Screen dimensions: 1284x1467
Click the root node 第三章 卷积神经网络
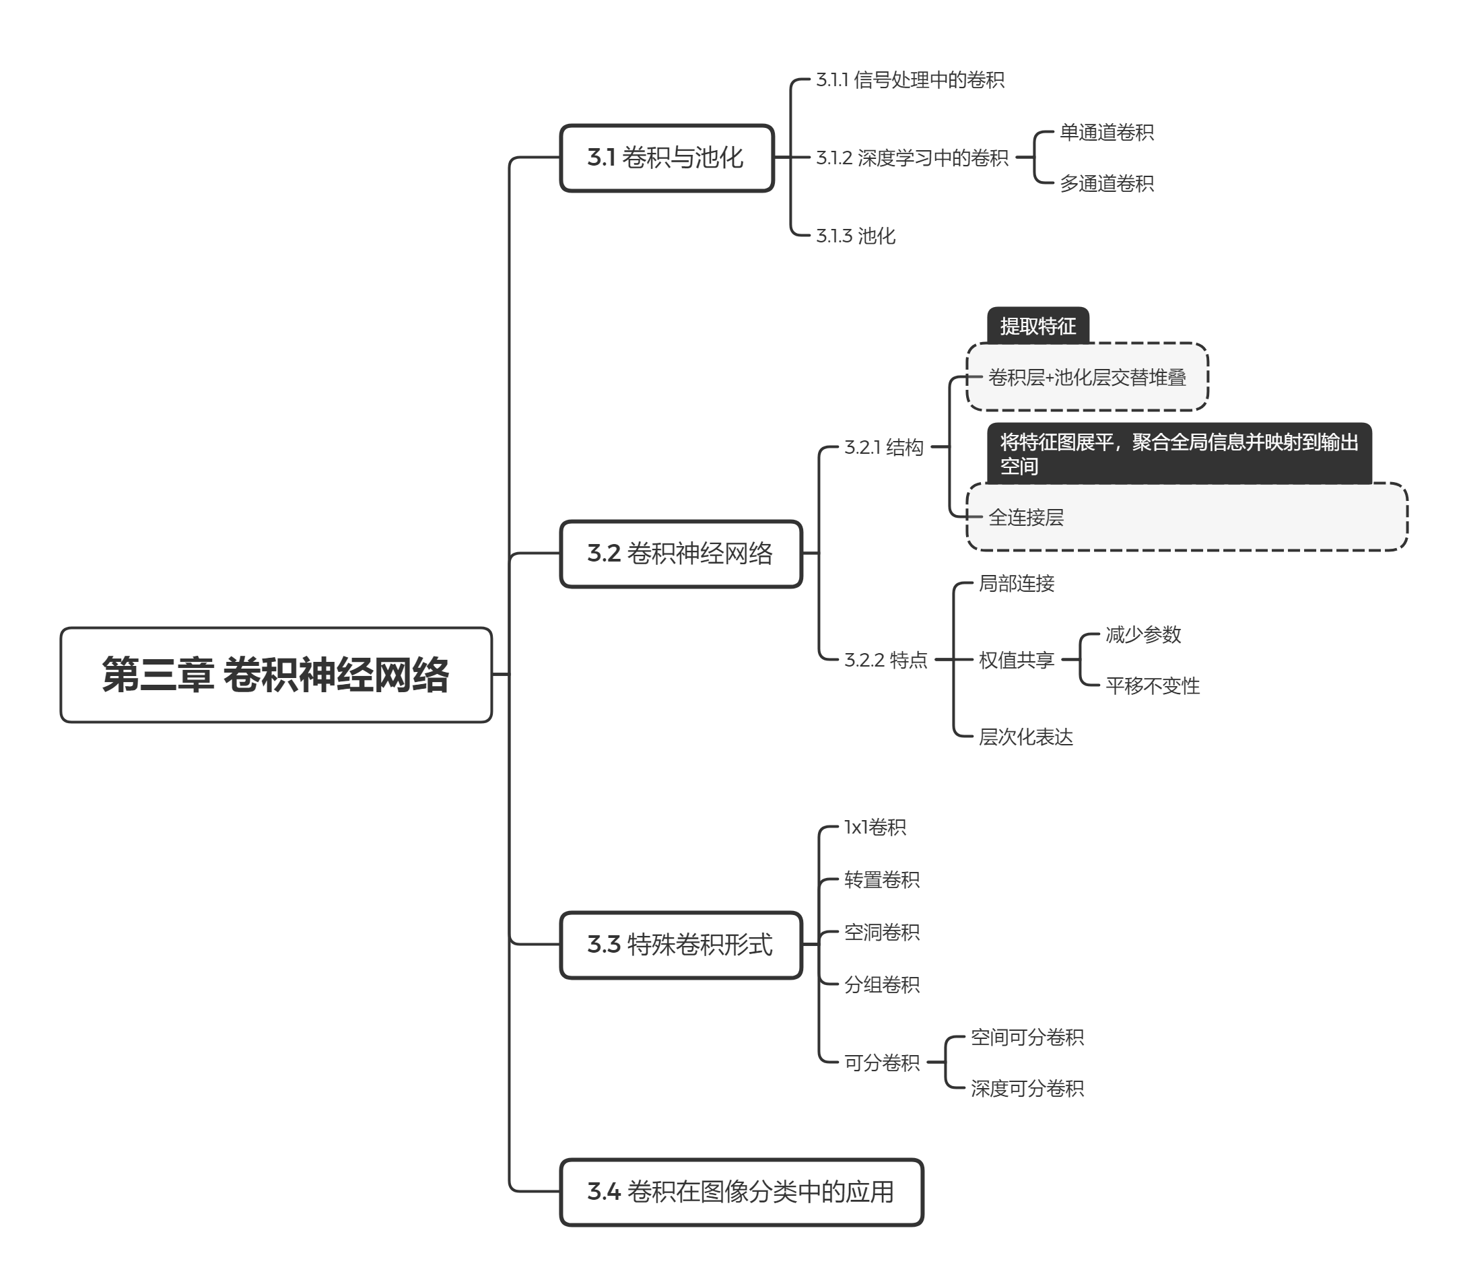click(276, 674)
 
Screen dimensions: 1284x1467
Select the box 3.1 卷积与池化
click(666, 158)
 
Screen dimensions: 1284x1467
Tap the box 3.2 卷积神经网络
click(681, 553)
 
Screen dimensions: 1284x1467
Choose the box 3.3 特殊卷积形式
click(681, 945)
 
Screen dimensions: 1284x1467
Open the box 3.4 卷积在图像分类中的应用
click(741, 1192)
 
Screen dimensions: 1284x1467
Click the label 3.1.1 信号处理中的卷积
click(910, 79)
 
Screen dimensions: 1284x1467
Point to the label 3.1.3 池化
click(855, 236)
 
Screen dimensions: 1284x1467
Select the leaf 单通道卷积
click(1107, 133)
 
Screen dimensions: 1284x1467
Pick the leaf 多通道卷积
click(1107, 183)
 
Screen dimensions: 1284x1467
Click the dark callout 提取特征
click(1038, 326)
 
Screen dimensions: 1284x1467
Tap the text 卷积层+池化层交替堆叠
click(1087, 377)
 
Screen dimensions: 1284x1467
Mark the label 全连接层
click(1026, 516)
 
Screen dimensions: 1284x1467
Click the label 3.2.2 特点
click(885, 659)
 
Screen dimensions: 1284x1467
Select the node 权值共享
click(1017, 659)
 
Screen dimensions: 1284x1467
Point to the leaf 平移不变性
click(1152, 685)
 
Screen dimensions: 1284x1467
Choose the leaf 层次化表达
click(1026, 737)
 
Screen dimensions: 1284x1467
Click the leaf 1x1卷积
click(875, 827)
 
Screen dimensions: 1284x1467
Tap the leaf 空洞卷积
click(882, 931)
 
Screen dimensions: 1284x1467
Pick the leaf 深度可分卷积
click(1027, 1088)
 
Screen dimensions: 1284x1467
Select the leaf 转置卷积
click(882, 879)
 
